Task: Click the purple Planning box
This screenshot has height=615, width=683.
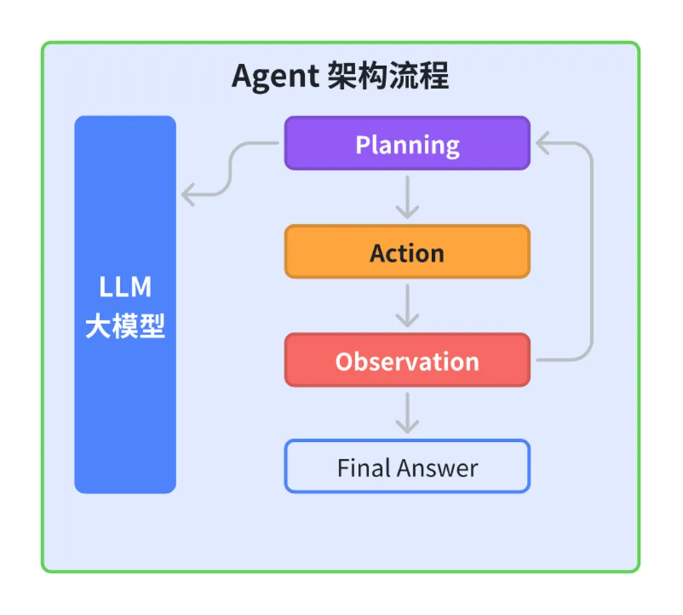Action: (x=407, y=144)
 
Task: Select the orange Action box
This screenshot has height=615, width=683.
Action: (x=407, y=252)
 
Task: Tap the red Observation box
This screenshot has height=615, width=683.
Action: (x=407, y=360)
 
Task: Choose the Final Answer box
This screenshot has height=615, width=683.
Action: (x=407, y=467)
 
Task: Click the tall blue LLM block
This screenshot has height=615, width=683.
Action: (x=125, y=402)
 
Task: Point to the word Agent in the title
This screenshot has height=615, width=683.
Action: (x=276, y=76)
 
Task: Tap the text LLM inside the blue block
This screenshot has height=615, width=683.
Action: (x=125, y=287)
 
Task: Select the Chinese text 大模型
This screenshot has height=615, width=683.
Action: (x=125, y=327)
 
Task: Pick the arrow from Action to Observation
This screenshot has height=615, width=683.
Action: (x=408, y=305)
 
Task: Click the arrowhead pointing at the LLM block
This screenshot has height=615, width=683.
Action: (x=188, y=194)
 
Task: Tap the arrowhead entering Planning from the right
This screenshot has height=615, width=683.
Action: (x=544, y=144)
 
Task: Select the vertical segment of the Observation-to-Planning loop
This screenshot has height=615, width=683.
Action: (x=592, y=251)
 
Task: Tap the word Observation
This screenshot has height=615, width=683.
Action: (x=407, y=361)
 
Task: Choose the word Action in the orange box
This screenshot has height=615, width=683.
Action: (x=407, y=254)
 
